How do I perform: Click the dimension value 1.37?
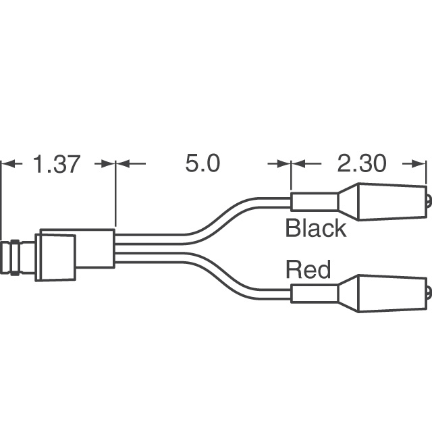click(57, 164)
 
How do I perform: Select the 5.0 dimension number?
click(202, 164)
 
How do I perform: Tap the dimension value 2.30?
click(362, 164)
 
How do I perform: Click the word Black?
click(315, 228)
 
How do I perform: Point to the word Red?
click(308, 270)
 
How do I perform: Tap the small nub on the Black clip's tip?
click(429, 201)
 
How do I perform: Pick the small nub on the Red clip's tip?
click(429, 294)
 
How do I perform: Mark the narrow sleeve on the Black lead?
click(315, 201)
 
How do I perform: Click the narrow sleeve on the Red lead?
click(315, 294)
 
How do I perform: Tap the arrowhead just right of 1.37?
click(107, 163)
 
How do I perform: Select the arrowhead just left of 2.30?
click(300, 163)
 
